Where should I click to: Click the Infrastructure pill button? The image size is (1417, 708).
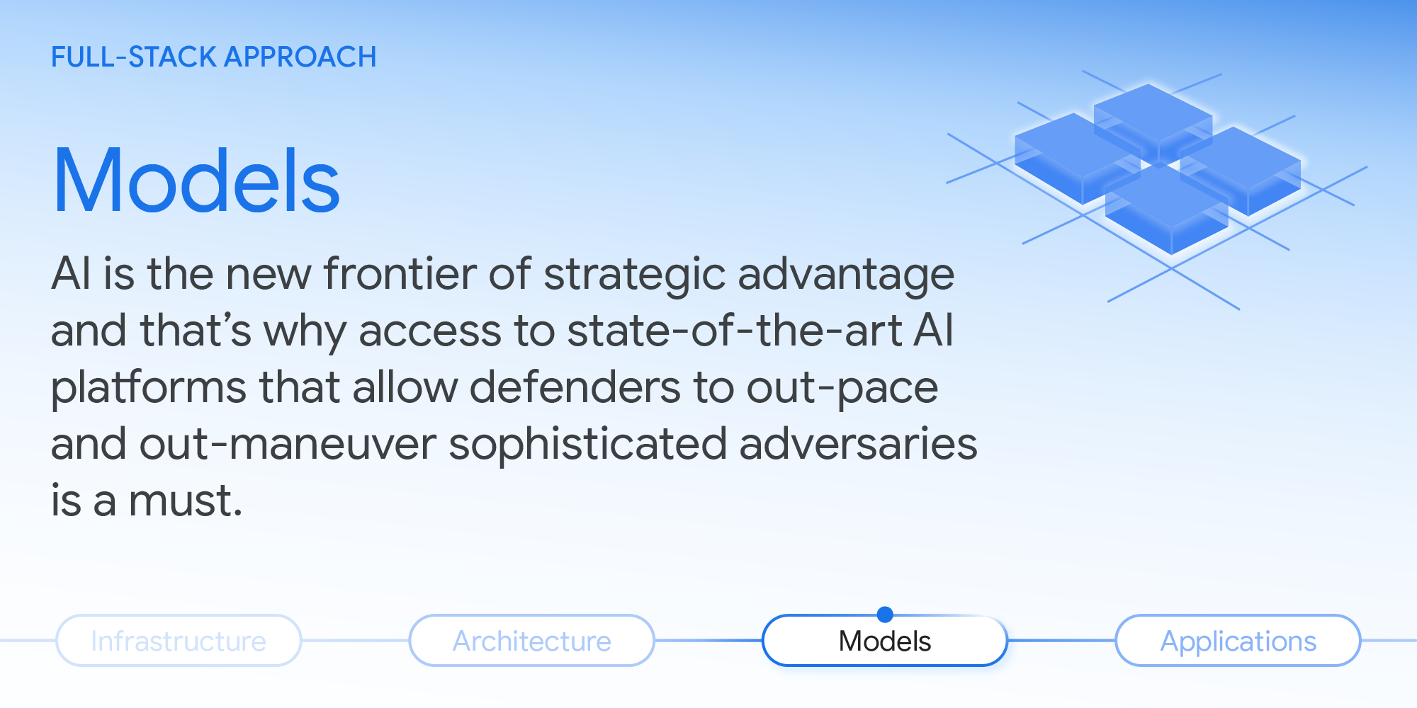179,641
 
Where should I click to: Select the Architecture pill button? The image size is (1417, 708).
531,641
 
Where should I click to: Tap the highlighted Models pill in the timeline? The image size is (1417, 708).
884,641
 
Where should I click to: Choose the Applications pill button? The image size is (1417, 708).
1238,641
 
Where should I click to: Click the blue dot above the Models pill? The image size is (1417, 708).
885,614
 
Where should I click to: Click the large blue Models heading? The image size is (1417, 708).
196,181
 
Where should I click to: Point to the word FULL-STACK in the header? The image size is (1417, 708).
133,57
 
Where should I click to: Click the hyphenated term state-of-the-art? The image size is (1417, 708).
734,331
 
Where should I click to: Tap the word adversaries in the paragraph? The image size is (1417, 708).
858,445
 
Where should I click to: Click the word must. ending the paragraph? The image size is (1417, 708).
186,501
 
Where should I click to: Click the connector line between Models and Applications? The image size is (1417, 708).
1061,641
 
